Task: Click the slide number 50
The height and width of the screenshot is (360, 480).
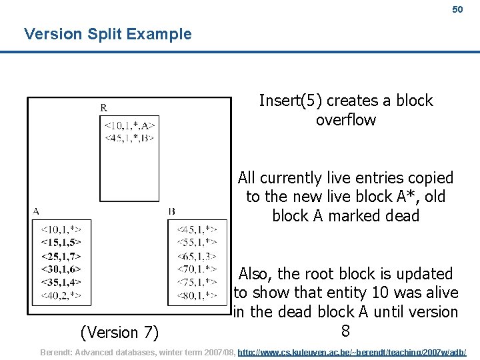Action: click(457, 10)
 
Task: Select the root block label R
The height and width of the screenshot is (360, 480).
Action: click(104, 107)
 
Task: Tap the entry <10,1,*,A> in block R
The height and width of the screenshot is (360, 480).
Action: click(130, 125)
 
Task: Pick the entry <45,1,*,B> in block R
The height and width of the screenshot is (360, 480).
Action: click(130, 138)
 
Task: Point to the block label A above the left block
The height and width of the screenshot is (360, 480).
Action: click(35, 211)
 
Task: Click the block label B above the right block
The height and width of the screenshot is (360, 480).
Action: click(172, 211)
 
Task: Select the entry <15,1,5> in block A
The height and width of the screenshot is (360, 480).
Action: click(61, 242)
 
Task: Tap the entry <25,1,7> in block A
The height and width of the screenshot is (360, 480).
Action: click(61, 255)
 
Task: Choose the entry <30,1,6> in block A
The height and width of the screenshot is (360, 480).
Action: click(61, 269)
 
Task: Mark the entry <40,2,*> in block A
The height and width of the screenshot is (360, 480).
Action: click(61, 295)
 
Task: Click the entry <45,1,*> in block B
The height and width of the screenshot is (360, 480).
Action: click(197, 229)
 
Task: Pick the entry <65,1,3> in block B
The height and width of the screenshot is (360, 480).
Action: click(197, 255)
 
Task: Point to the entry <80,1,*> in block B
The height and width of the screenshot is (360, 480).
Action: click(197, 295)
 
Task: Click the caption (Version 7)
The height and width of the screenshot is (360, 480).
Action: click(119, 331)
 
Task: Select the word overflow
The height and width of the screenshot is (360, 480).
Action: click(346, 120)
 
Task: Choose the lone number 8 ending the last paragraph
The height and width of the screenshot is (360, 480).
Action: click(345, 331)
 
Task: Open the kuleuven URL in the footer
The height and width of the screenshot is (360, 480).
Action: click(352, 351)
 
